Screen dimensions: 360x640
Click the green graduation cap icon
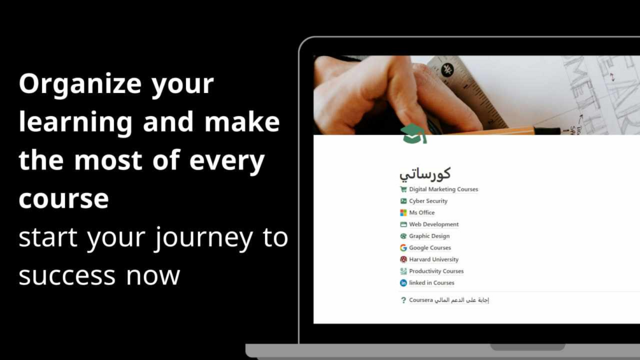point(413,134)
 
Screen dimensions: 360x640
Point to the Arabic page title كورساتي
point(425,173)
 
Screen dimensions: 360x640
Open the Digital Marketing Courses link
point(443,189)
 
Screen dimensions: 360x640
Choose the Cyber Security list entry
point(428,201)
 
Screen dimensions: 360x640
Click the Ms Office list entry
point(422,213)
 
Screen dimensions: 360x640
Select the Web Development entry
point(434,224)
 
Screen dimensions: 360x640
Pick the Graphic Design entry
point(429,236)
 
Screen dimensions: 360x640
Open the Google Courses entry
point(430,248)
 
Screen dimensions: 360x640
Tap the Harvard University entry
point(434,259)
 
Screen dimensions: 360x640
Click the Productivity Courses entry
point(436,271)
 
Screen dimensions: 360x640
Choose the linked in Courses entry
point(432,283)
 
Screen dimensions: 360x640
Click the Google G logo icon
point(403,248)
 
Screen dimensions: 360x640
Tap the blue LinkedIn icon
point(403,283)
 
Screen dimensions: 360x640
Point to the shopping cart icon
point(403,189)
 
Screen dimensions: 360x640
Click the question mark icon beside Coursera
point(403,300)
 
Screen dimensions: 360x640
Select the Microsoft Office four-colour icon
point(403,213)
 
